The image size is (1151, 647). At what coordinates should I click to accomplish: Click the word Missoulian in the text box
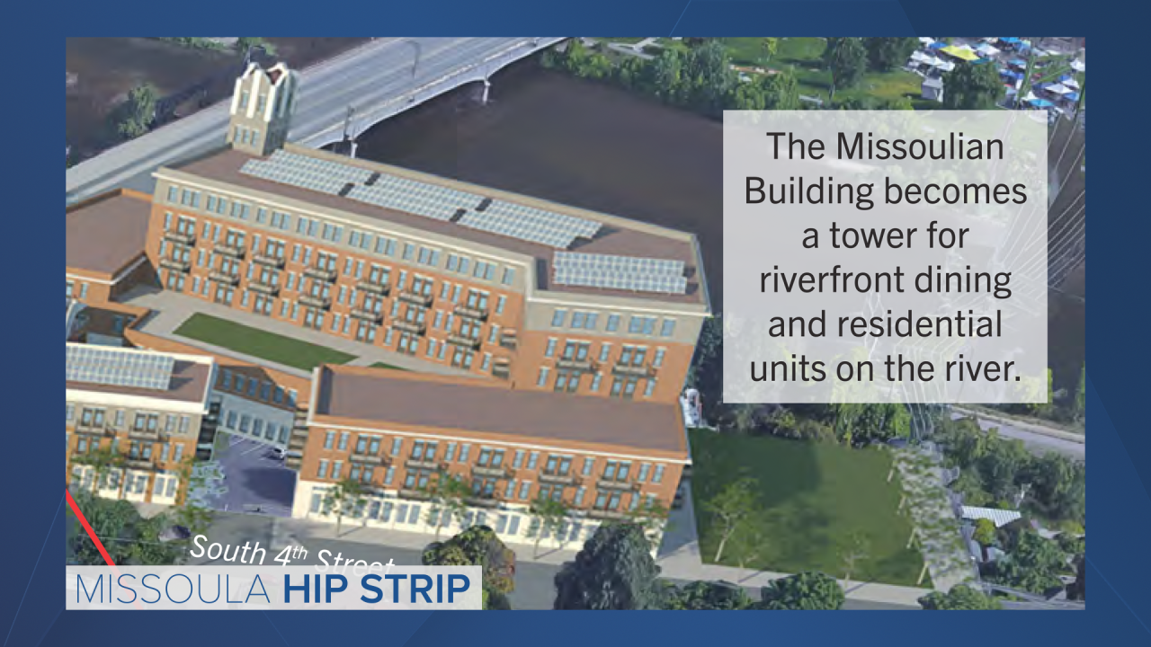click(x=919, y=146)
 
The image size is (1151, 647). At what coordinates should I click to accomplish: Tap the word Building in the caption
click(x=808, y=192)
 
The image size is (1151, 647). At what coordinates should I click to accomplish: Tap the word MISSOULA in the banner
click(x=173, y=589)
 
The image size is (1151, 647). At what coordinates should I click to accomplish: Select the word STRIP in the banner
click(x=415, y=589)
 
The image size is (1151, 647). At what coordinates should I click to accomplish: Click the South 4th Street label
click(x=292, y=554)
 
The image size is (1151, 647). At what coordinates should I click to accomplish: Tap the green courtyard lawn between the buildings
click(x=263, y=341)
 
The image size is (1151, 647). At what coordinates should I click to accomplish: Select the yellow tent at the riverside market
click(x=959, y=52)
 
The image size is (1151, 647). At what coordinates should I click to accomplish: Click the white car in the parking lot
click(x=278, y=453)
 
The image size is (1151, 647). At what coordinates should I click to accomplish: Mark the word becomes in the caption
click(x=955, y=191)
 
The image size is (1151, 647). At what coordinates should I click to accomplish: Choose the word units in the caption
click(x=787, y=368)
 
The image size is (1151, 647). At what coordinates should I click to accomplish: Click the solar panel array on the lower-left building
click(x=120, y=366)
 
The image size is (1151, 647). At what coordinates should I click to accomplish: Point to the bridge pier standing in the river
click(x=484, y=87)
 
